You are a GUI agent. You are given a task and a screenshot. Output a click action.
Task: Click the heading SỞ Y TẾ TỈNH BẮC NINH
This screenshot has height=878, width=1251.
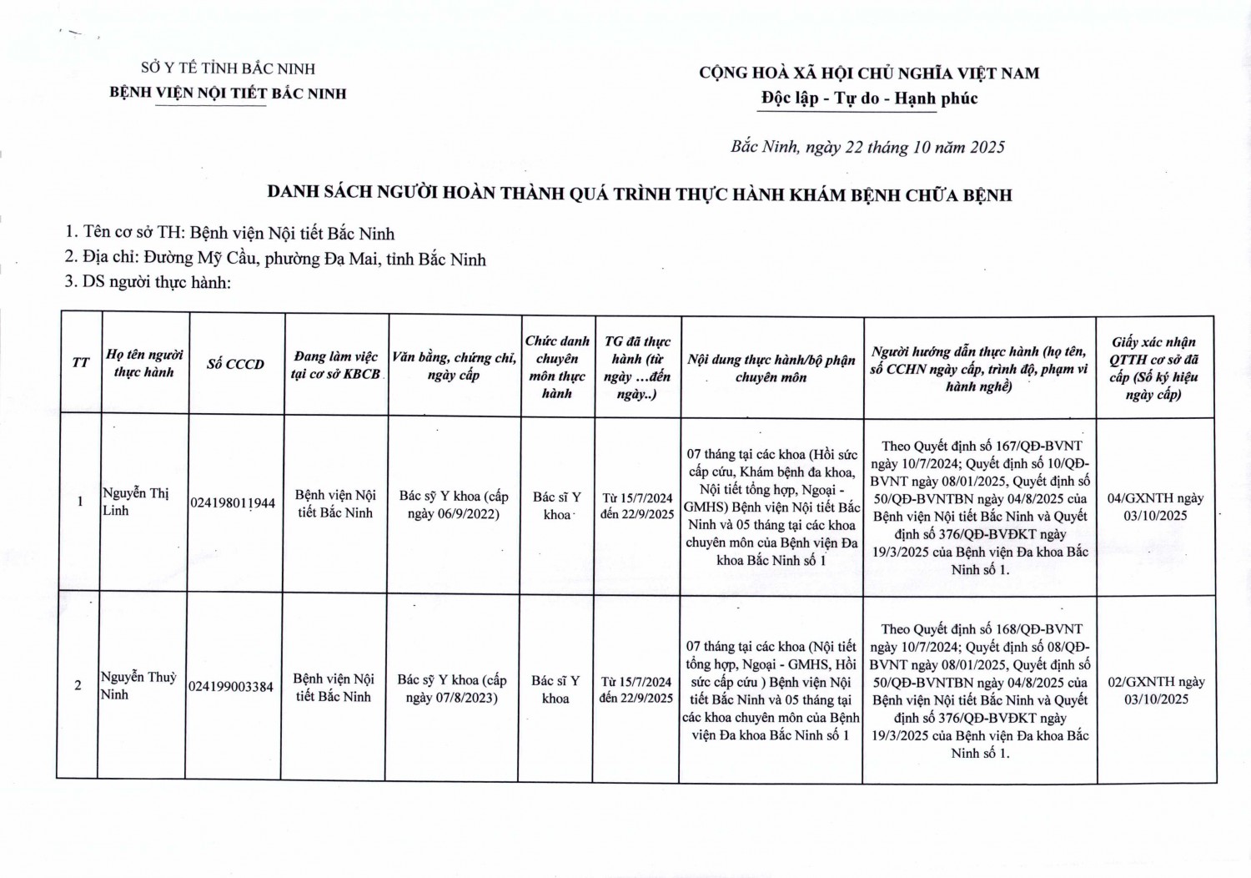click(x=228, y=68)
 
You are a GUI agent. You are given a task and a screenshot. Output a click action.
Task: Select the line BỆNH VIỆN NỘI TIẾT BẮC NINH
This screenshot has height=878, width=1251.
click(x=228, y=93)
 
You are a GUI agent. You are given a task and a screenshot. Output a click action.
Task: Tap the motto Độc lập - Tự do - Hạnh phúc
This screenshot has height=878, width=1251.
click(x=869, y=98)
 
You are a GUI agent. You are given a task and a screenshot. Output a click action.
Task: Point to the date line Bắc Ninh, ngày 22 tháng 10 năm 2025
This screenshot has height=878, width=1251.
click(x=867, y=148)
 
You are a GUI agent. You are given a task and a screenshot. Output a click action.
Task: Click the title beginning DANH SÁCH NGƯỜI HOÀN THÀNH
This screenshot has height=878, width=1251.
click(x=639, y=194)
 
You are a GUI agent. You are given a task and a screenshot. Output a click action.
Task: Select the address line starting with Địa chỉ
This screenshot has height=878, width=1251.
click(x=275, y=259)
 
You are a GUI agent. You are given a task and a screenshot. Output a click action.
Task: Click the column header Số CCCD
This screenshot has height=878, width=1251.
click(x=235, y=364)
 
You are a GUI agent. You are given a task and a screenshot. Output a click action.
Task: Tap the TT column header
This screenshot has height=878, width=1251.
click(x=80, y=362)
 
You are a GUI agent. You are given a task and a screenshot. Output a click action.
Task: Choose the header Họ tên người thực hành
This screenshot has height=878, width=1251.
click(x=144, y=363)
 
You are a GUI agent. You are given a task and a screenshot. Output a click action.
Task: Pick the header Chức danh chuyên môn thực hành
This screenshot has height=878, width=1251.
click(x=557, y=366)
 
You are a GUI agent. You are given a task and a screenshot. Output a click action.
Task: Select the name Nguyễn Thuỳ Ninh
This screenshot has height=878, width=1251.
click(x=138, y=685)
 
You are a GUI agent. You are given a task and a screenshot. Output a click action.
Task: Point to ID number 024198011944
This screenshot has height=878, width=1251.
click(x=233, y=502)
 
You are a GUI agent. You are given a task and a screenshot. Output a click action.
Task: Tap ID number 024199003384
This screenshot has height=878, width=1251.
click(x=231, y=687)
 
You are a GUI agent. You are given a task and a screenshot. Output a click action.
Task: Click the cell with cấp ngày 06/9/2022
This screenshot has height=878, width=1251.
click(x=453, y=505)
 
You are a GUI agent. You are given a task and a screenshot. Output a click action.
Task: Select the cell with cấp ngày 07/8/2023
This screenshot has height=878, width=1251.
click(x=451, y=689)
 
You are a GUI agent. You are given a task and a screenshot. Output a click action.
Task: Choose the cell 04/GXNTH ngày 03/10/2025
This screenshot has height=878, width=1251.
click(x=1155, y=507)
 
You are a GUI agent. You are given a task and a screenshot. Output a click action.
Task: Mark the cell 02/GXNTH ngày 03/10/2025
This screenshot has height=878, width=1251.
click(x=1156, y=690)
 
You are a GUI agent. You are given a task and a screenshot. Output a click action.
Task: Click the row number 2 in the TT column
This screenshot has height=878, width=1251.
click(x=78, y=685)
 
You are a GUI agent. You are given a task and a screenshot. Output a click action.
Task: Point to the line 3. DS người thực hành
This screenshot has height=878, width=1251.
click(x=148, y=282)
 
